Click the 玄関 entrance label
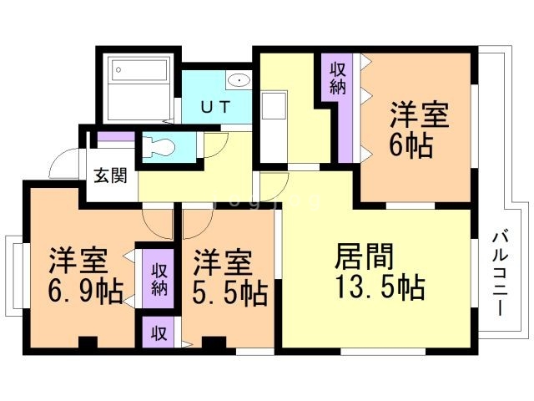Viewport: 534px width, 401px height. (x=110, y=176)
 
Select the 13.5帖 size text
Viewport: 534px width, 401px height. (x=380, y=287)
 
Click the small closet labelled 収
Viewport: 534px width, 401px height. (x=158, y=332)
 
